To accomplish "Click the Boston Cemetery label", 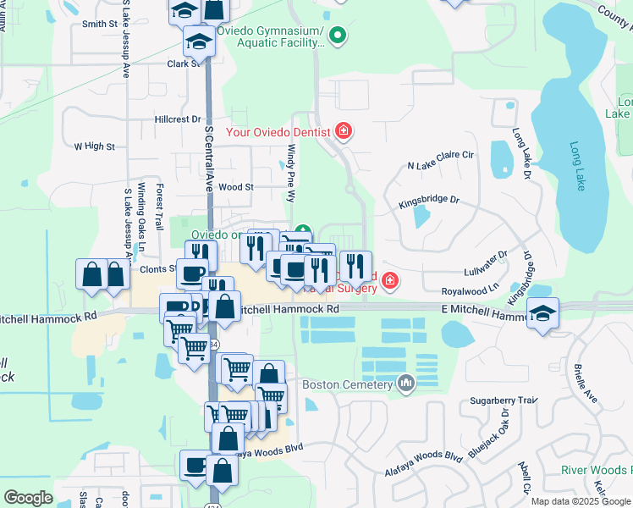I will (x=349, y=384).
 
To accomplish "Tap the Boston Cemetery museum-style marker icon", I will (x=406, y=384).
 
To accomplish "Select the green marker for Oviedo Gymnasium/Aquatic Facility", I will (x=338, y=36).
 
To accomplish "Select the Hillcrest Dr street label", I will (x=178, y=120).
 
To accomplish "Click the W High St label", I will (x=94, y=146).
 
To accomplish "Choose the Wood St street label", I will (x=236, y=187).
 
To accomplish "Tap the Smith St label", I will (x=99, y=25).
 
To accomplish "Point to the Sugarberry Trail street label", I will (x=504, y=399).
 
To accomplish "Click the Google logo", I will (x=28, y=498).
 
